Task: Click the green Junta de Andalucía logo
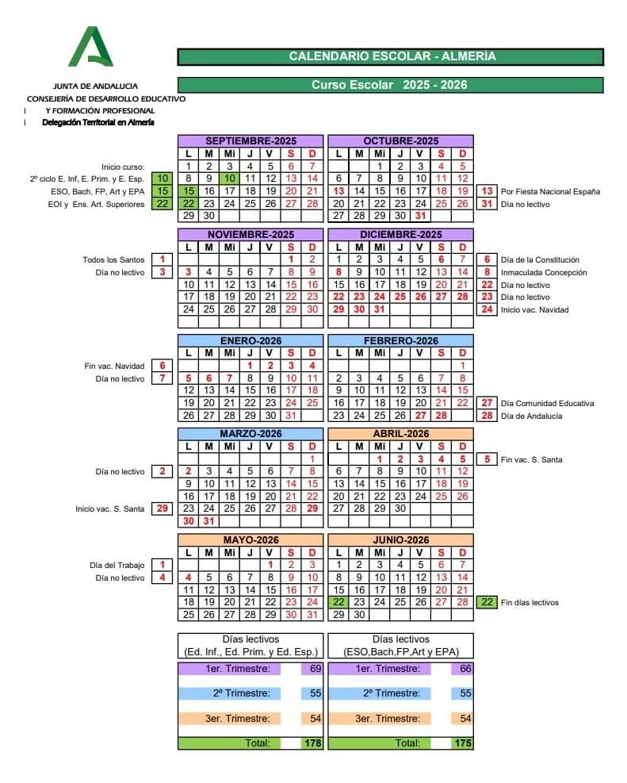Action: pos(90,47)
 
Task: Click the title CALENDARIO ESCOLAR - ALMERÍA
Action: pos(391,56)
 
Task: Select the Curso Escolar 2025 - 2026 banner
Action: pos(391,85)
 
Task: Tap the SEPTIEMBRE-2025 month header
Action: pos(250,141)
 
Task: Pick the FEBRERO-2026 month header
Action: pos(400,340)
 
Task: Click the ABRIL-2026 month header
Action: pos(400,434)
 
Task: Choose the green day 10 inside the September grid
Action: pos(229,179)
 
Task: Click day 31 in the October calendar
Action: pos(421,216)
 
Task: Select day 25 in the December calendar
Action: pos(400,297)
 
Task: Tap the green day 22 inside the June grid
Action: pos(338,602)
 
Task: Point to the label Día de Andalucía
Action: pos(532,416)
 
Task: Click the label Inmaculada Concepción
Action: pos(544,272)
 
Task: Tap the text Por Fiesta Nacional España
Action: pos(550,191)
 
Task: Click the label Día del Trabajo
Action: pos(117,565)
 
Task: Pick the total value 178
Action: pos(313,743)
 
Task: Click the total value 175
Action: pos(463,743)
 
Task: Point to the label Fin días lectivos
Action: pos(530,602)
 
